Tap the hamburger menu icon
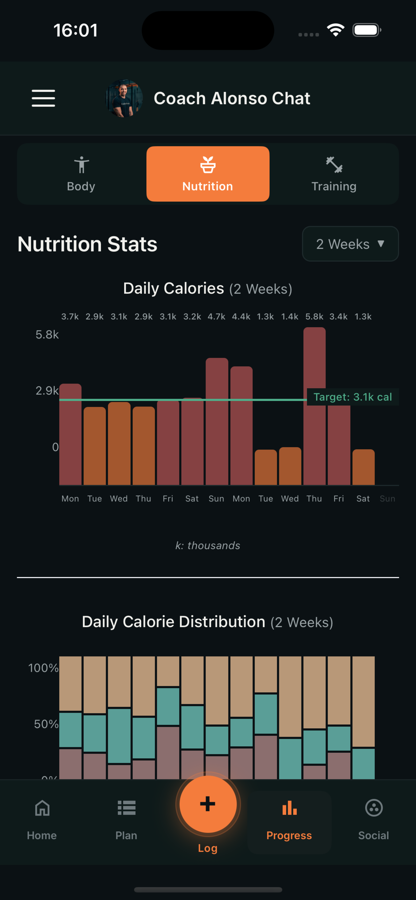(x=43, y=98)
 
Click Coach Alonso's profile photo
(x=124, y=98)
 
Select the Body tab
(x=81, y=174)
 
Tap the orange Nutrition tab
(x=208, y=174)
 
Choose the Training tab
(x=334, y=174)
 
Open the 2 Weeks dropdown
(x=350, y=244)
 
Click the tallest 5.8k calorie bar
(x=314, y=405)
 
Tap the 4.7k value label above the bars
(x=216, y=317)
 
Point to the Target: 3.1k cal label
(x=353, y=397)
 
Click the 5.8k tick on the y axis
(x=47, y=335)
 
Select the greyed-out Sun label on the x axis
(x=387, y=499)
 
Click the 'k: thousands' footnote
(x=208, y=545)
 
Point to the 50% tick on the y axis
(x=46, y=724)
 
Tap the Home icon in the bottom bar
(x=42, y=808)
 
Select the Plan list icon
(x=126, y=808)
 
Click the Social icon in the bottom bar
(x=374, y=808)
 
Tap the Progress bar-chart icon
(x=289, y=808)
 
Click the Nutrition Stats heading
(x=87, y=244)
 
